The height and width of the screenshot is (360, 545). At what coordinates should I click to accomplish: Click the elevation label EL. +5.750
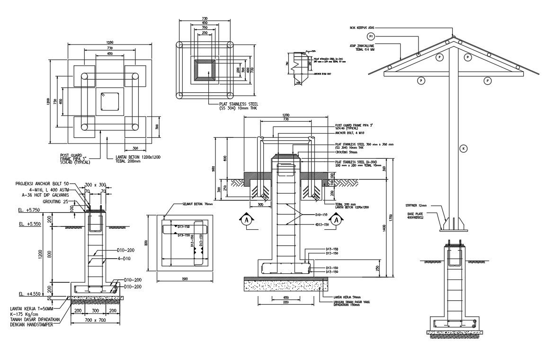[x=28, y=209]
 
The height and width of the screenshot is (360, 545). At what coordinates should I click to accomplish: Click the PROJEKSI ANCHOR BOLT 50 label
[x=42, y=183]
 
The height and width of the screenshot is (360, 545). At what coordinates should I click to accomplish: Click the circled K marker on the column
[x=464, y=149]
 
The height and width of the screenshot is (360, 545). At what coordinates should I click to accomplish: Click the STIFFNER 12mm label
[x=416, y=206]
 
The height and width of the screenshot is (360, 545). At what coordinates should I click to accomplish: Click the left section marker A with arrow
[x=246, y=221]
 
